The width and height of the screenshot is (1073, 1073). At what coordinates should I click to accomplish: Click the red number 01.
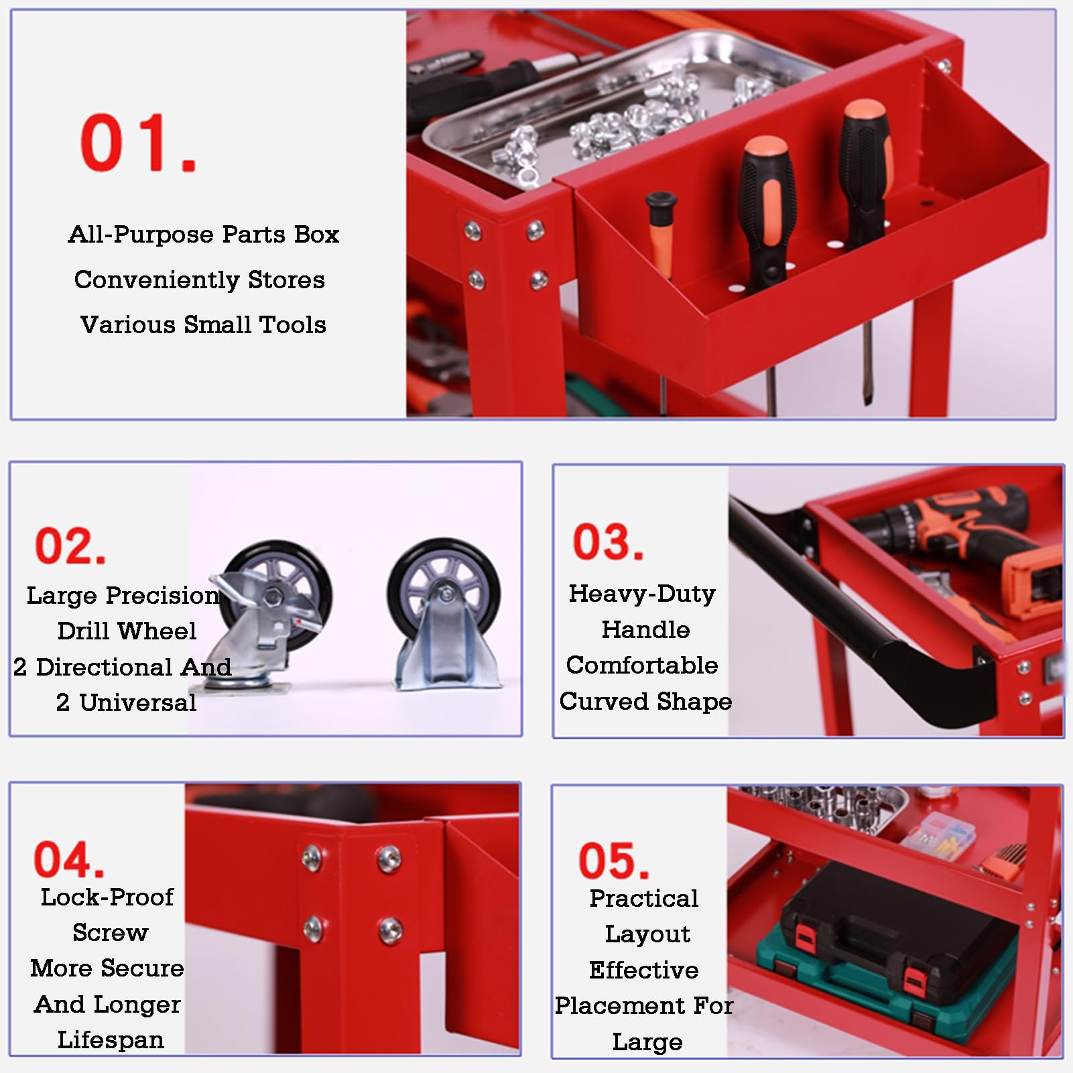(x=139, y=143)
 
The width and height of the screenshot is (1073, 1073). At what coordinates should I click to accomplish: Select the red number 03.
(x=608, y=542)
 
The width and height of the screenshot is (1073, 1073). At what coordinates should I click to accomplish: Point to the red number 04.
(x=69, y=859)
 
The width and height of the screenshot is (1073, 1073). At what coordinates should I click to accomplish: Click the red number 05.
(x=614, y=861)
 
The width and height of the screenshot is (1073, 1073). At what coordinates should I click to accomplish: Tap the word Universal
(x=138, y=702)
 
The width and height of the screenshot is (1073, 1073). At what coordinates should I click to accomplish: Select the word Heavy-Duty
(x=642, y=594)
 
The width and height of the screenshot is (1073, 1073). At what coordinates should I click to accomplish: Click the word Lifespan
(x=111, y=1040)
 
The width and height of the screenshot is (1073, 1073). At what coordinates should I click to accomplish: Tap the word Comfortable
(x=642, y=666)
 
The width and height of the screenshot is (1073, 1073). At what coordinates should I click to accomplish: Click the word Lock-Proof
(x=107, y=897)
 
